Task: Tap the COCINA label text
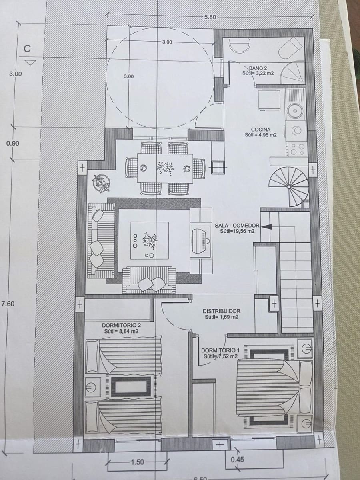pyautogui.click(x=260, y=130)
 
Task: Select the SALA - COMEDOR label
pyautogui.click(x=237, y=226)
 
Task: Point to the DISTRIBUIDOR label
pyautogui.click(x=221, y=311)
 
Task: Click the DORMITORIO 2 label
pyautogui.click(x=121, y=326)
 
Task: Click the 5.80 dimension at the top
pyautogui.click(x=210, y=17)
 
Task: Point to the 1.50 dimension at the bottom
pyautogui.click(x=137, y=462)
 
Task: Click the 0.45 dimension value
pyautogui.click(x=237, y=459)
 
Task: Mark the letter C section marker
pyautogui.click(x=27, y=49)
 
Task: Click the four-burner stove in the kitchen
pyautogui.click(x=297, y=149)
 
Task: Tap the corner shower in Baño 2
pyautogui.click(x=294, y=73)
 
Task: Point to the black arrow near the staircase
pyautogui.click(x=266, y=226)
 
